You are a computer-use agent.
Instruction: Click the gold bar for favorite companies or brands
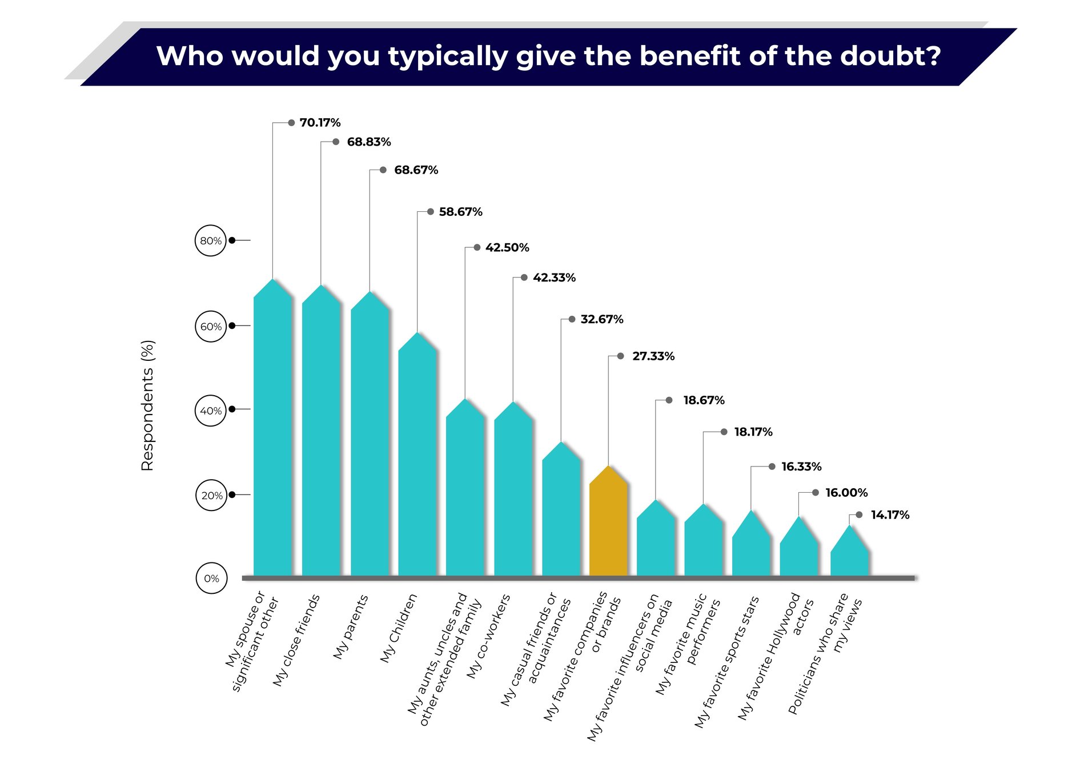[609, 525]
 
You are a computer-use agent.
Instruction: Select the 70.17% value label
[320, 123]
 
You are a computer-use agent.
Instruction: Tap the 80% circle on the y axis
[211, 240]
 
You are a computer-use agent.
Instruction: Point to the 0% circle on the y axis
[211, 578]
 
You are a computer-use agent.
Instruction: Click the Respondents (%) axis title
[147, 405]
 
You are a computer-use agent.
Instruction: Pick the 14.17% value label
[890, 515]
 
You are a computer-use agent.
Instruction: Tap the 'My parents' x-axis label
[351, 627]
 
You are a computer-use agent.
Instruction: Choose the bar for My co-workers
[513, 491]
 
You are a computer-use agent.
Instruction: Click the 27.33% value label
[653, 356]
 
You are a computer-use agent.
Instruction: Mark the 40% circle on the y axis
[211, 411]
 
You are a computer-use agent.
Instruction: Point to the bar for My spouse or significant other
[273, 434]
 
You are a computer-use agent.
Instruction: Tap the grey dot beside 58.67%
[431, 212]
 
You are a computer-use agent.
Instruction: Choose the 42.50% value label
[507, 248]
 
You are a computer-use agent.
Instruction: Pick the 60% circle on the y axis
[211, 327]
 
